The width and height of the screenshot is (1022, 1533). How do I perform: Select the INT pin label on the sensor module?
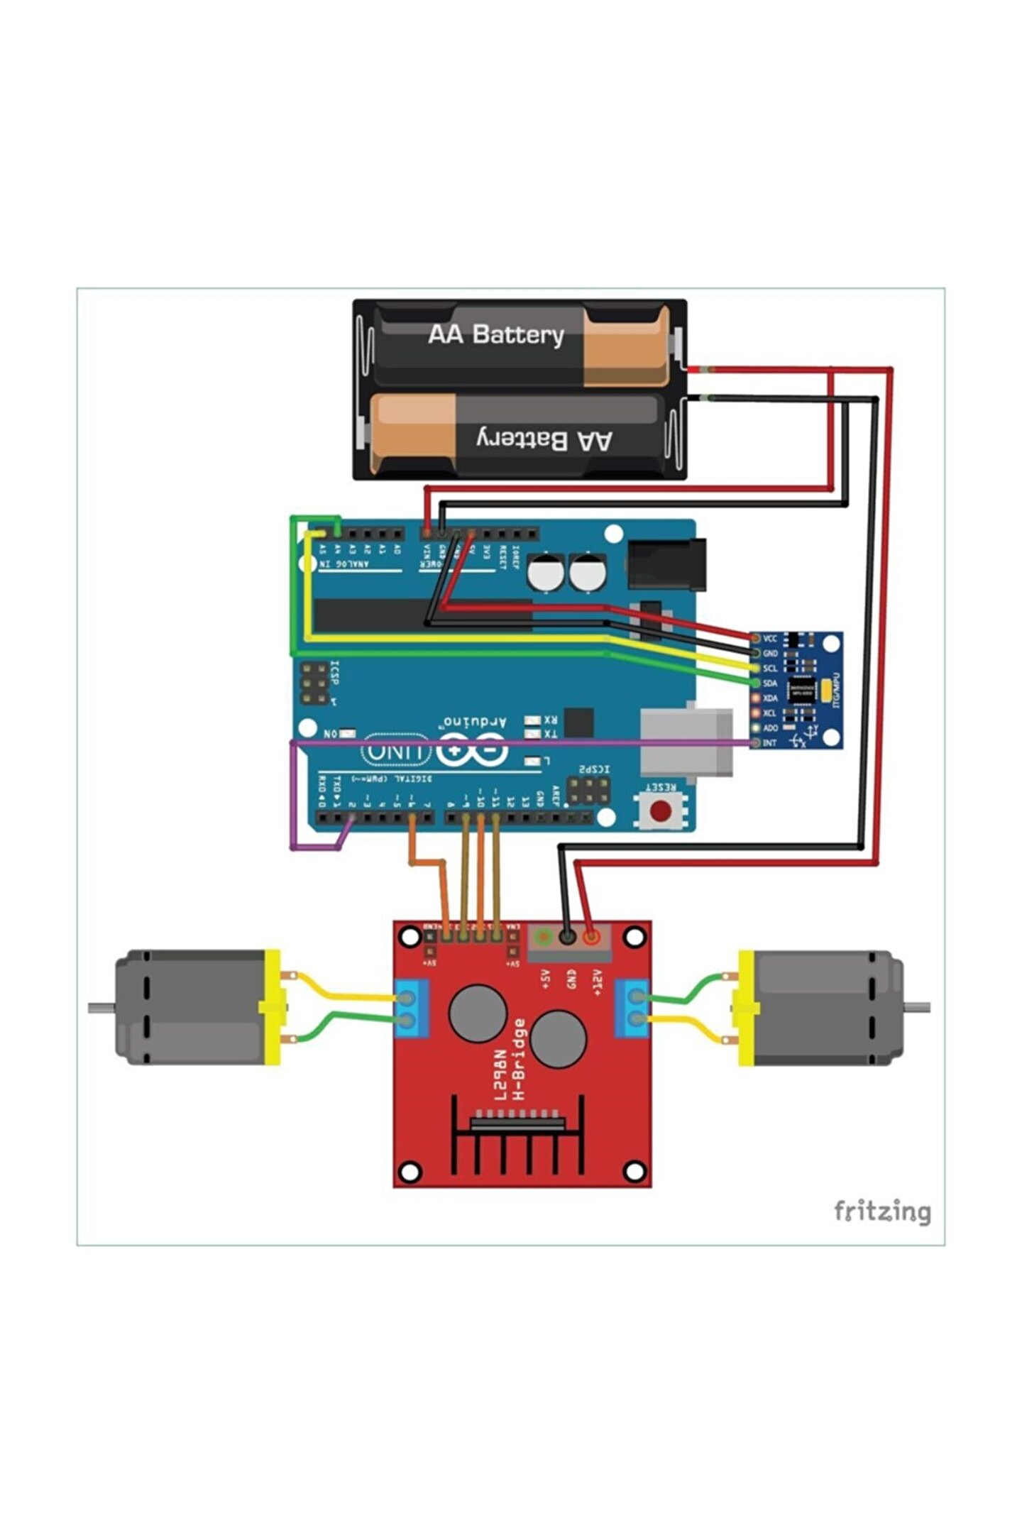click(x=769, y=743)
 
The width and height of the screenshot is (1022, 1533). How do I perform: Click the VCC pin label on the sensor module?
click(x=770, y=639)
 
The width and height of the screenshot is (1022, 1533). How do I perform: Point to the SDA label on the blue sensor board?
click(x=770, y=683)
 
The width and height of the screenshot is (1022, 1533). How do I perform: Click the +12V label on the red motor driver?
click(x=597, y=982)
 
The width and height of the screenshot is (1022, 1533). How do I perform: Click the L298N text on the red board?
click(x=502, y=1075)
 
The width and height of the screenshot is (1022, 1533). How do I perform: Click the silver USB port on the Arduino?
click(x=686, y=742)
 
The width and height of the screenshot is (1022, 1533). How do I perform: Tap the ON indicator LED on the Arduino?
click(x=348, y=732)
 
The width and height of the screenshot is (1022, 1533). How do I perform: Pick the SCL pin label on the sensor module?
click(x=770, y=669)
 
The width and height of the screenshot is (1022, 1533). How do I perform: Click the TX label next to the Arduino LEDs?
click(x=551, y=734)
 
